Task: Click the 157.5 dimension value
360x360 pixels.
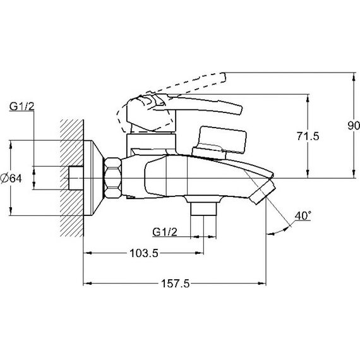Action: [x=176, y=284]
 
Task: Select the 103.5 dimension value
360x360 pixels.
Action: [x=144, y=253]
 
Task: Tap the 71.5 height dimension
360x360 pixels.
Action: [x=308, y=136]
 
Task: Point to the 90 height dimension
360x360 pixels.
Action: [x=354, y=125]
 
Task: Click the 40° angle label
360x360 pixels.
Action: [x=303, y=216]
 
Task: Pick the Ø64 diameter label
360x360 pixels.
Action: [x=11, y=178]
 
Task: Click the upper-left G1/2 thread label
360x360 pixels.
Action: [x=22, y=106]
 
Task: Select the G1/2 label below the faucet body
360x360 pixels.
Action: [x=165, y=232]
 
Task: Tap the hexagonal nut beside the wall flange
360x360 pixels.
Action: [x=113, y=177]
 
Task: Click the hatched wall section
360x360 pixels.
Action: [x=72, y=178]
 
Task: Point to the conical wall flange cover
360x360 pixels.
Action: [x=93, y=178]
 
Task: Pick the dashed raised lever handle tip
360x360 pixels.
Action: [x=222, y=77]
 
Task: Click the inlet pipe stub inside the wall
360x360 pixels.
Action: [x=76, y=178]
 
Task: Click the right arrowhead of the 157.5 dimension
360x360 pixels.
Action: [x=263, y=284]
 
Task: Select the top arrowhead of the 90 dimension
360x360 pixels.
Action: [x=354, y=76]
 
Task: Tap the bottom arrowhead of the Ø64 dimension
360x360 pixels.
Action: [x=11, y=211]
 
